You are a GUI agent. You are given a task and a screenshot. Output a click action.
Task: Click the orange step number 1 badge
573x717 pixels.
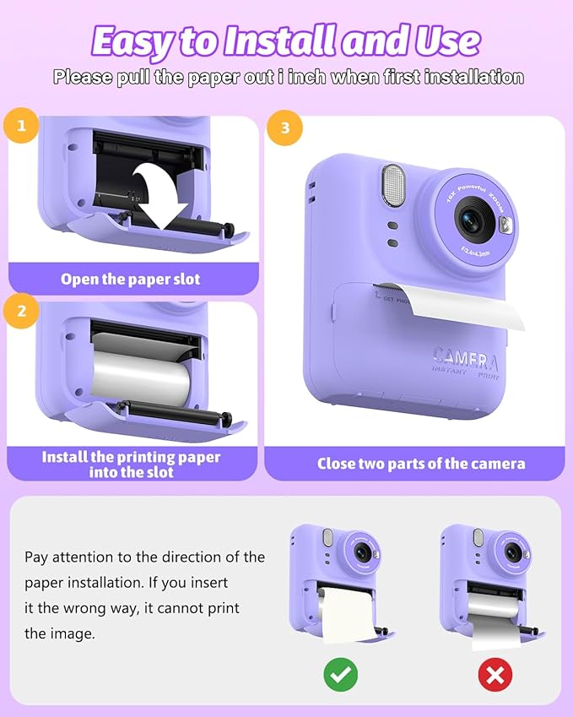[x=22, y=128]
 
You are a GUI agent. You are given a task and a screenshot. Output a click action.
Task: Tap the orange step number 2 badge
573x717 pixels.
[x=22, y=310]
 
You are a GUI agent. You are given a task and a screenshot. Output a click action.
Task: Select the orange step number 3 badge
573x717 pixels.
[x=284, y=128]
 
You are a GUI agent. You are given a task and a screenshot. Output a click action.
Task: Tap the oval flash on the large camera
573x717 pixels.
[x=392, y=185]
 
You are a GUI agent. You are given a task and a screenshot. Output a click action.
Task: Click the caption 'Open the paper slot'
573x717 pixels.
[x=131, y=279]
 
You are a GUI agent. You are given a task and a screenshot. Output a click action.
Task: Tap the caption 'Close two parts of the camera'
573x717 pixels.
[x=420, y=464]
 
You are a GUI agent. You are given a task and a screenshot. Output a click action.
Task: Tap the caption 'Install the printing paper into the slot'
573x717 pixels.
[x=131, y=464]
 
